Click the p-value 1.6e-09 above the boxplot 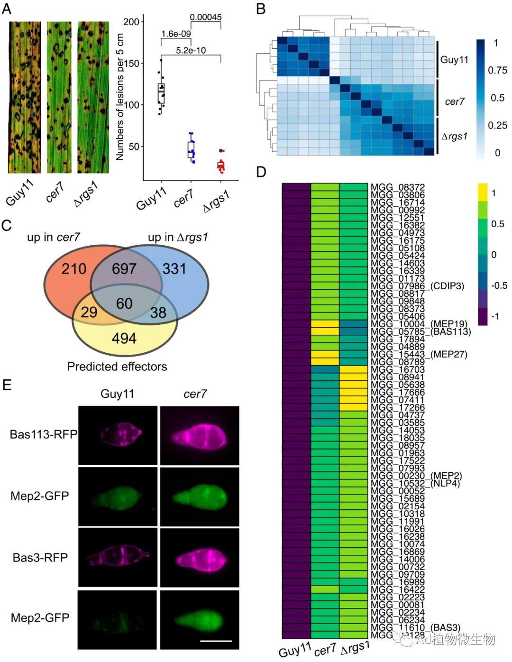click(x=175, y=34)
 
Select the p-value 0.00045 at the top click(x=206, y=18)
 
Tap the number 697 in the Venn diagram click(x=124, y=269)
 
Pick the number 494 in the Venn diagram click(x=124, y=338)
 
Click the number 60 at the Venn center click(x=124, y=303)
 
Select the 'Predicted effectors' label click(x=117, y=367)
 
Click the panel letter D click(x=261, y=172)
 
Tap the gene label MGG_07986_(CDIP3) click(x=417, y=286)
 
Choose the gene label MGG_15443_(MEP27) click(x=419, y=354)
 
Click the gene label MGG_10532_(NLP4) click(x=415, y=483)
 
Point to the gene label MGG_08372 click(x=398, y=187)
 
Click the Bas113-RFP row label click(x=43, y=434)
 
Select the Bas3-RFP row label click(x=40, y=557)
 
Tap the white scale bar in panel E click(x=216, y=641)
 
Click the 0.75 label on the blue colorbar click(x=497, y=70)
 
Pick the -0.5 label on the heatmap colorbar click(x=498, y=285)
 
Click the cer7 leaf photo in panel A click(x=59, y=97)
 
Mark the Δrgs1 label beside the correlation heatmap click(x=454, y=137)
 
